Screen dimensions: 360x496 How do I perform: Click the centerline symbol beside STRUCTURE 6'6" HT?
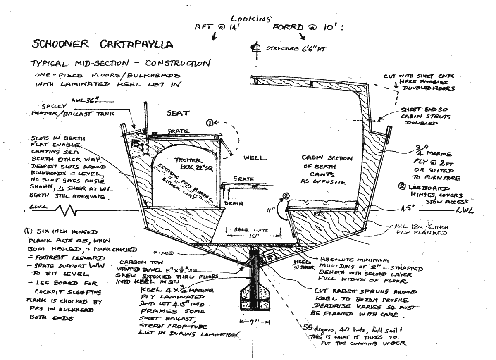(x=255, y=48)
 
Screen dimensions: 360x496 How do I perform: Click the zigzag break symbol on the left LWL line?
(x=66, y=211)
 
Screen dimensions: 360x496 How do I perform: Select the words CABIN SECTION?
(x=326, y=158)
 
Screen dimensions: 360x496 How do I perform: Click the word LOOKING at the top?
(x=251, y=19)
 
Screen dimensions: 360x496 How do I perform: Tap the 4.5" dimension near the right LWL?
(x=426, y=209)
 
